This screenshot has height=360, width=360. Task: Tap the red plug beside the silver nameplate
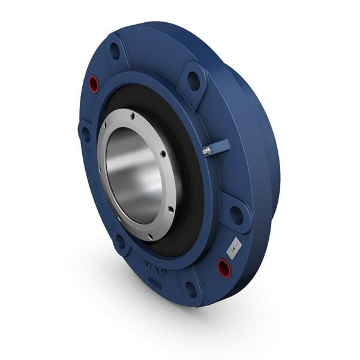tap(224, 266)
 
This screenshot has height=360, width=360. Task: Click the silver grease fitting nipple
tap(206, 151)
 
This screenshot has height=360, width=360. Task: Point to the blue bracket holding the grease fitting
tap(218, 146)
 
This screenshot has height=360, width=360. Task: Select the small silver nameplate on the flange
tap(234, 247)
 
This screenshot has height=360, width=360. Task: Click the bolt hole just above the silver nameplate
tap(236, 214)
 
